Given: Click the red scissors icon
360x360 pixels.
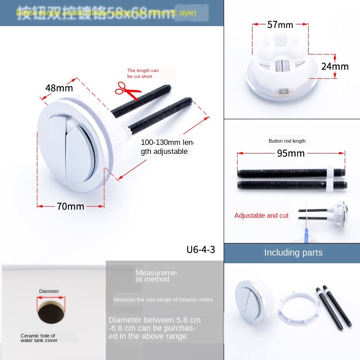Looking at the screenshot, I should click(x=128, y=90).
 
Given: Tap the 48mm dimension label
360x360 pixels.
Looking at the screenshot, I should click(x=59, y=88).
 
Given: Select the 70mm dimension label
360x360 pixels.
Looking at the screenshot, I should click(x=71, y=207).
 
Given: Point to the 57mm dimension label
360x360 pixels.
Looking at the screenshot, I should click(x=280, y=25).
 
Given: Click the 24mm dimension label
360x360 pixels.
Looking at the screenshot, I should click(x=335, y=67).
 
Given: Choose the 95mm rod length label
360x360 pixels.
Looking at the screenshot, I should click(x=291, y=153).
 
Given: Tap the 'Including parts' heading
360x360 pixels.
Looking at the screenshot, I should click(x=293, y=252).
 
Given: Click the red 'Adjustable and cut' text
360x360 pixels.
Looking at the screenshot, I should click(x=261, y=216).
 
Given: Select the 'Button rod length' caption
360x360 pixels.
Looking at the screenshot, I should click(x=287, y=141).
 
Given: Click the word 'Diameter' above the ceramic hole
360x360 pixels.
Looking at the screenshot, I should click(x=49, y=291).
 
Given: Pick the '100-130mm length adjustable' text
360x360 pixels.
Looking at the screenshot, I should click(x=167, y=147).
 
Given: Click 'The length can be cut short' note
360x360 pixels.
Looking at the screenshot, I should click(x=143, y=73).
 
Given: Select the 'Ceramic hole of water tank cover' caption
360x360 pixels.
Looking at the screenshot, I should click(x=39, y=338).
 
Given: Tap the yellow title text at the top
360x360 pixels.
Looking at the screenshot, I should click(x=106, y=13).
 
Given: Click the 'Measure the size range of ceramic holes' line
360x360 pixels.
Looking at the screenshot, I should click(x=163, y=300).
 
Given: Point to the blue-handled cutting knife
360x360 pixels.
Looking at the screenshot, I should click(x=308, y=225).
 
